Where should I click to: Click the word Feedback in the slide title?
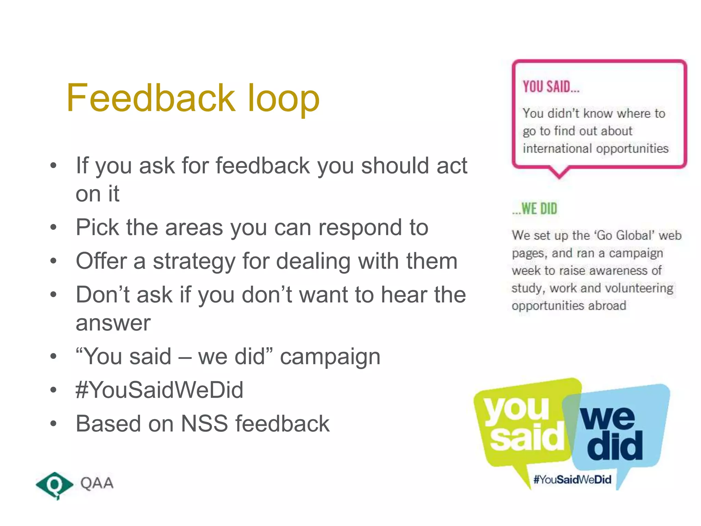pos(151,98)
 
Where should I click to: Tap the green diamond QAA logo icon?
pos(54,484)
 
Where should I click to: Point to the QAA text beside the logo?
pos(97,483)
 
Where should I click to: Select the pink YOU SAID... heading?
pos(551,87)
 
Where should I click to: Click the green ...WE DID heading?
pos(535,209)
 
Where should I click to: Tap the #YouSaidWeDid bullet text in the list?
pos(160,390)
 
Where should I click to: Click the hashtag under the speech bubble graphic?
pos(572,479)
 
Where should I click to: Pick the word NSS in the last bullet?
pos(204,424)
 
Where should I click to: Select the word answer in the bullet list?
pos(113,323)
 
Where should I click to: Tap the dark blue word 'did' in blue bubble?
pos(614,445)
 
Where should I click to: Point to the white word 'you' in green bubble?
pos(517,409)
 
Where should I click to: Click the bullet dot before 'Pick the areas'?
pos(53,227)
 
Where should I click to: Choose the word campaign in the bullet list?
pos(330,357)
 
